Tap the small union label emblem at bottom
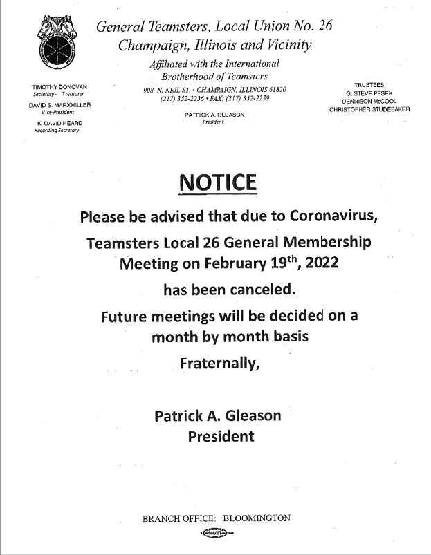point(217,532)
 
